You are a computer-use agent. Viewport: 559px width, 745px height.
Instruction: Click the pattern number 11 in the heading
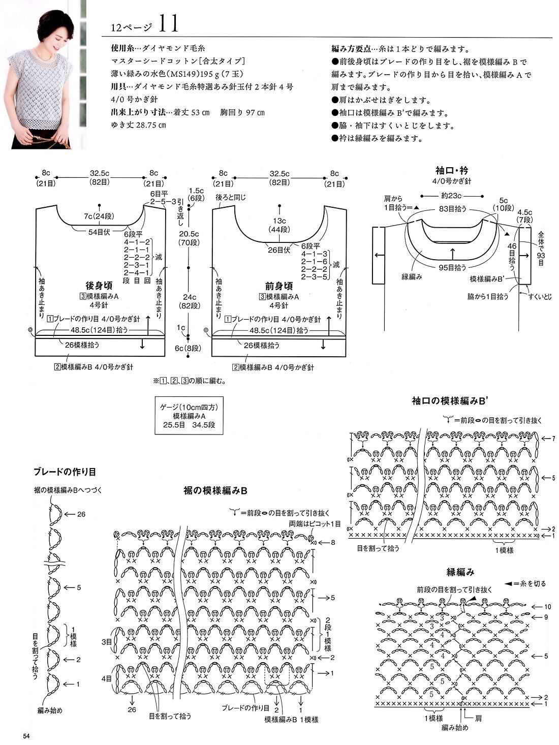[x=167, y=23]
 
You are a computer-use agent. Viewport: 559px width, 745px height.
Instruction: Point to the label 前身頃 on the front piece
[x=279, y=286]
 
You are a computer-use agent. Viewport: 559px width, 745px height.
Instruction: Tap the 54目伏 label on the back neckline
[x=100, y=232]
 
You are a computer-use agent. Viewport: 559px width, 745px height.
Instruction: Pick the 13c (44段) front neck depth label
[x=279, y=225]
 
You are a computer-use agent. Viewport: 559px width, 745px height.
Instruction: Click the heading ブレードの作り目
[x=65, y=472]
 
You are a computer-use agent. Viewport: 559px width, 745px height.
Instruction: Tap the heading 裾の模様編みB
[x=215, y=491]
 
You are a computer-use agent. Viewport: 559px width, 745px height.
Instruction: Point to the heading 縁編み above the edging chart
[x=461, y=572]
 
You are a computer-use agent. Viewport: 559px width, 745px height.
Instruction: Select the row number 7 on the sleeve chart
[x=553, y=438]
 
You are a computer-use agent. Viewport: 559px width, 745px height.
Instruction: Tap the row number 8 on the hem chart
[x=333, y=543]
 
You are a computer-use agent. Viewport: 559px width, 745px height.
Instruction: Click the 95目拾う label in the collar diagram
[x=452, y=267]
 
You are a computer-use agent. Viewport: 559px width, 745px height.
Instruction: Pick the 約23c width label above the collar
[x=451, y=195]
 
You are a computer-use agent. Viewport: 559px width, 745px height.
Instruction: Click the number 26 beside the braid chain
[x=81, y=514]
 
